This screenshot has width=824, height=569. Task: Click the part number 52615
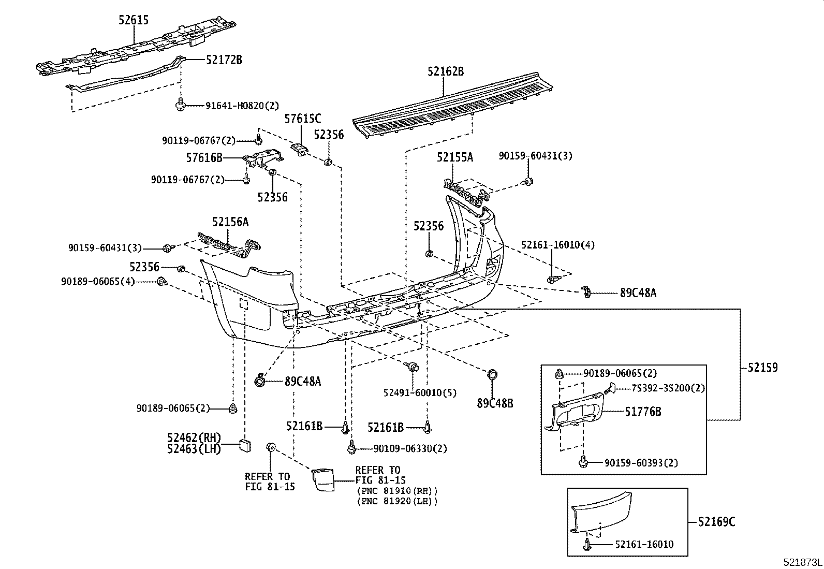[134, 20]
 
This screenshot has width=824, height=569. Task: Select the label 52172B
[224, 60]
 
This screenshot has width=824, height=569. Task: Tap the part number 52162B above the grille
[445, 71]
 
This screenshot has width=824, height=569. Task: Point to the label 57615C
[302, 119]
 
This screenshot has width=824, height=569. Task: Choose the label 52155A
[454, 157]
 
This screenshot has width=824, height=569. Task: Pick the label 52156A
[230, 222]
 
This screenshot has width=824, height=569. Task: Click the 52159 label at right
[762, 368]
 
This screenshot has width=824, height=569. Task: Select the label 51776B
[642, 412]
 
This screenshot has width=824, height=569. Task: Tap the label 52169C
[716, 521]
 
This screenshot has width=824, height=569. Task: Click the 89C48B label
[495, 402]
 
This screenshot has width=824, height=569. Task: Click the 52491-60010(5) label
[420, 393]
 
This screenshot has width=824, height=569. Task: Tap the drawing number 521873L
[802, 562]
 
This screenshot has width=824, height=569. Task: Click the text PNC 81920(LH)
[396, 501]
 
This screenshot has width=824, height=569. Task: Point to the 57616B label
[204, 157]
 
